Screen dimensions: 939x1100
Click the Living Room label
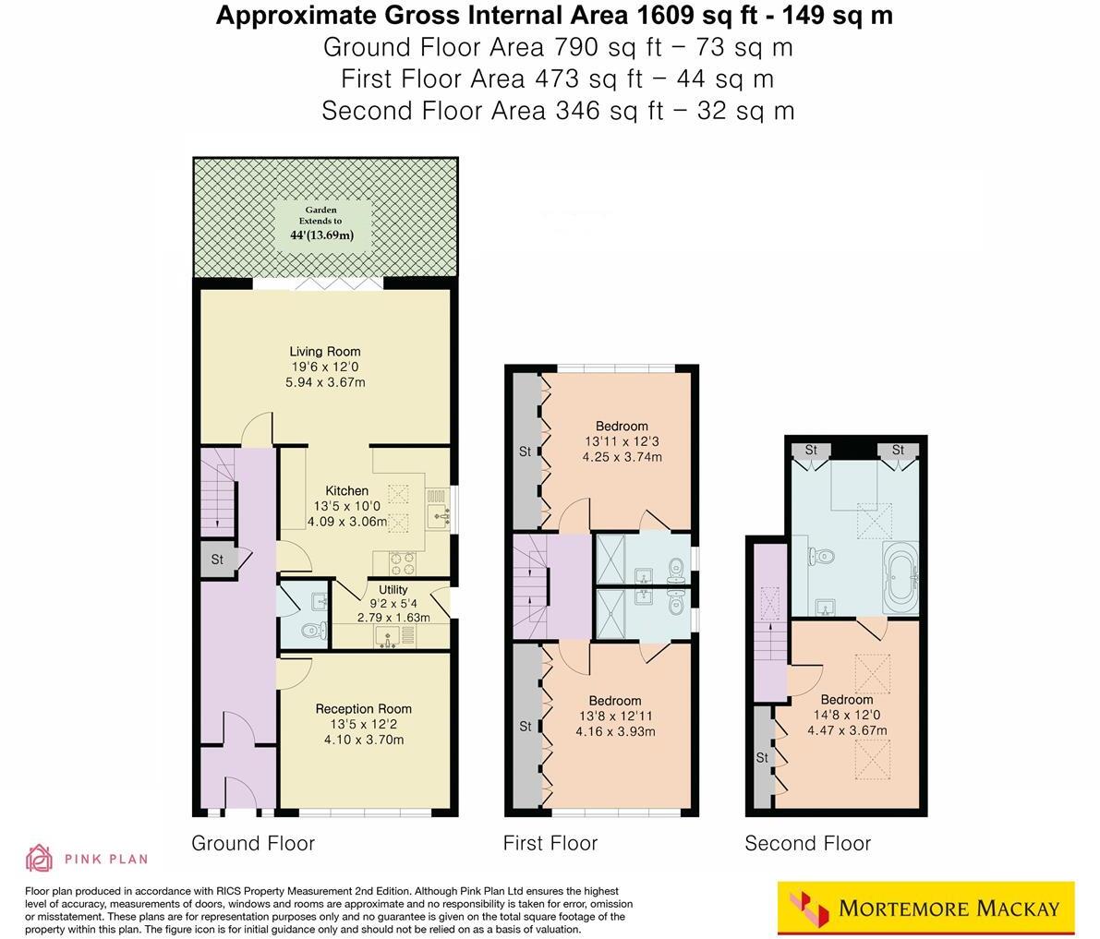click(324, 351)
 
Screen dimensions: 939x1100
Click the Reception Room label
click(363, 708)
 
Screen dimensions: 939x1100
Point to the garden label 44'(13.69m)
click(322, 235)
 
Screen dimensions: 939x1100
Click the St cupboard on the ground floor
click(217, 560)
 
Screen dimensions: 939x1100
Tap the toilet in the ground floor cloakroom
click(313, 632)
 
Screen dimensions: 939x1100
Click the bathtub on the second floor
click(901, 578)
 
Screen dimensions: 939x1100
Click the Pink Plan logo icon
click(40, 858)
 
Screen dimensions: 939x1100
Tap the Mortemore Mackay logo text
click(949, 908)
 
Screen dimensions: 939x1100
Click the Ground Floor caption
click(253, 843)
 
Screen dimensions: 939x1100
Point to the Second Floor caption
click(807, 843)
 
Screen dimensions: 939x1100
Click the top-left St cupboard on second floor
click(811, 451)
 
